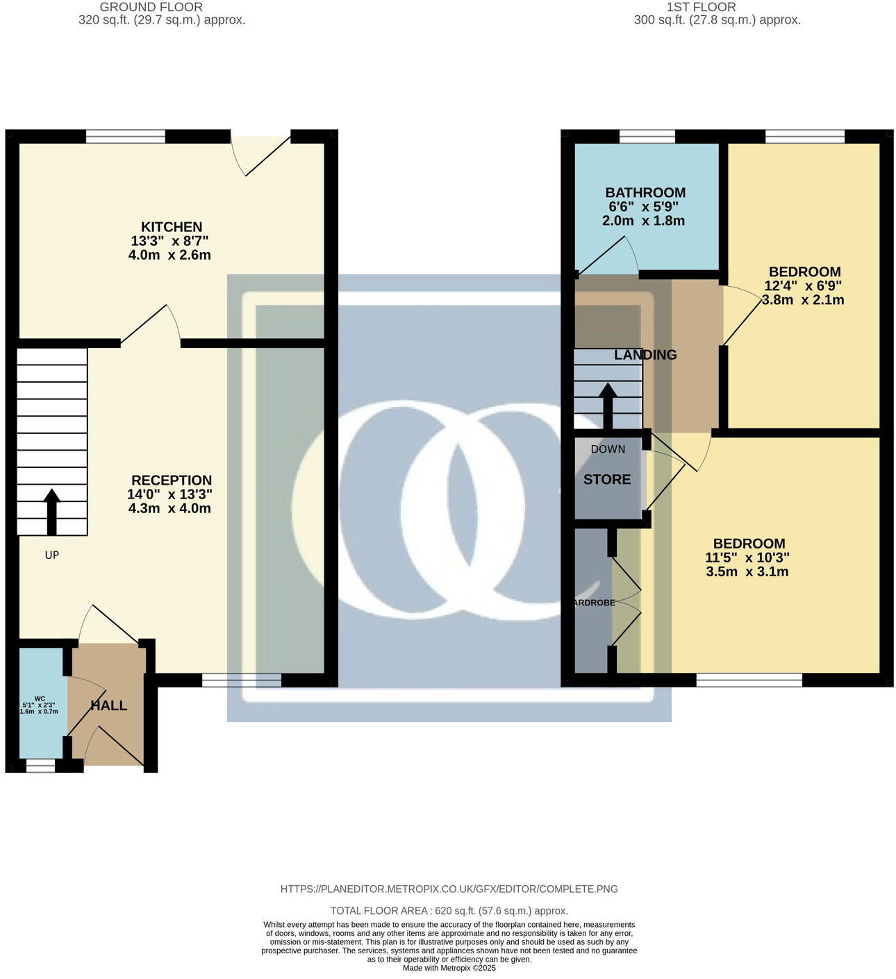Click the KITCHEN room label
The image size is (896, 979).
coord(172,227)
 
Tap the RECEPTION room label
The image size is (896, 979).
coord(172,480)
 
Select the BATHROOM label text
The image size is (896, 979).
coord(645,193)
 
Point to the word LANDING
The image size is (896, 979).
coord(645,355)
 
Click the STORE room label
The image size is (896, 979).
coord(607,480)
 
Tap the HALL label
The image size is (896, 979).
coord(109,705)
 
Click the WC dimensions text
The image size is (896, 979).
coord(39,708)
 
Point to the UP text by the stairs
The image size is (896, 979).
coord(52,555)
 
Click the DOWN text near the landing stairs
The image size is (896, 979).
coord(608,449)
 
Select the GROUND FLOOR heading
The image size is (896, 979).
coord(151,7)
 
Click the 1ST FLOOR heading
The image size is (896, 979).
coord(701,7)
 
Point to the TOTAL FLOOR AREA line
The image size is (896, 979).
coord(449,910)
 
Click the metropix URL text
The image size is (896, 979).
coord(449,889)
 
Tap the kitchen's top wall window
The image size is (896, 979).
coord(126,136)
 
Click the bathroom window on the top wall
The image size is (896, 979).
coord(647,136)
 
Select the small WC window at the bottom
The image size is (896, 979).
coord(40,765)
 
